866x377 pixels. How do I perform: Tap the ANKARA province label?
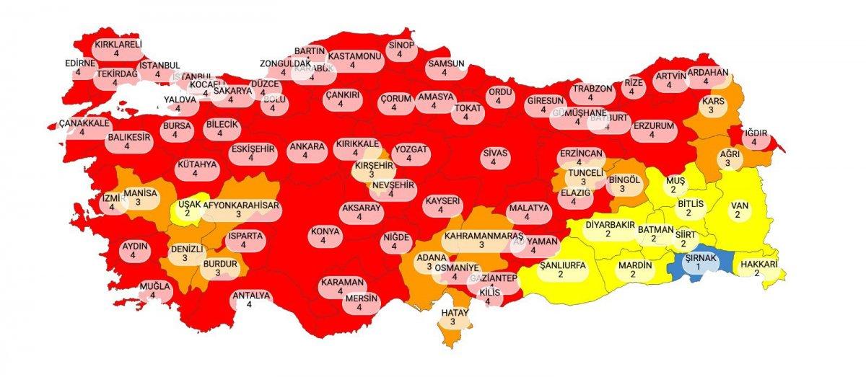307,148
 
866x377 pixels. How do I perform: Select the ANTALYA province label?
250,296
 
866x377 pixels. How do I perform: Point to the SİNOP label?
401,45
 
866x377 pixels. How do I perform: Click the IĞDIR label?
758,133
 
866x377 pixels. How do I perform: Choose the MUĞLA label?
155,286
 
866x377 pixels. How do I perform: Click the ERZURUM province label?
652,125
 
